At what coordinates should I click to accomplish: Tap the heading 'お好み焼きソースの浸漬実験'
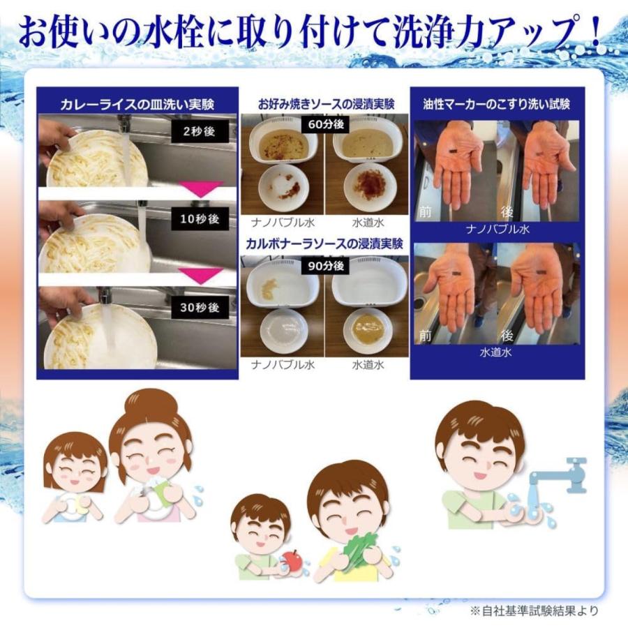(325, 105)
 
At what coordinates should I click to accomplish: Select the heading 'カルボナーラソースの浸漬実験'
(325, 244)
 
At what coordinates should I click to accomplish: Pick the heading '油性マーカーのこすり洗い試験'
(496, 104)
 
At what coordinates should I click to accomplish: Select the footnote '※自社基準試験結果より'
(534, 611)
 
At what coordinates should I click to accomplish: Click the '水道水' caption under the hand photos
(496, 352)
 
